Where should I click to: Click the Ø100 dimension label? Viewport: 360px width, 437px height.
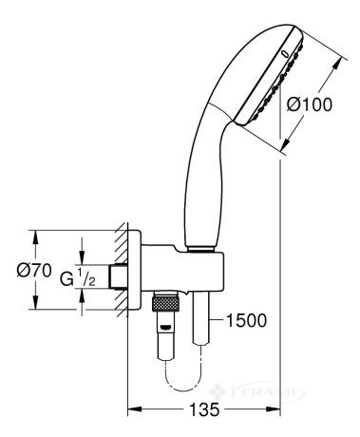(310, 104)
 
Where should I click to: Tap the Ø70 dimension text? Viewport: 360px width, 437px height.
(34, 271)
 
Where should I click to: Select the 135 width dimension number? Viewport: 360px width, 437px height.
(204, 409)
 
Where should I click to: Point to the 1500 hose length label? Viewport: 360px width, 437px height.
(247, 320)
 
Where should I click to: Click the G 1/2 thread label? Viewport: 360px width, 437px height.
(78, 277)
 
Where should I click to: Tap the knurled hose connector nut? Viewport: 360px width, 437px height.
(165, 304)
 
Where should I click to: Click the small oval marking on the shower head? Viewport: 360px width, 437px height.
(285, 53)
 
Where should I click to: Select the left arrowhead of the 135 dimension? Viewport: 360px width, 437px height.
(133, 409)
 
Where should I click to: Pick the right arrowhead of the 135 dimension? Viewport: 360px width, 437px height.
(275, 409)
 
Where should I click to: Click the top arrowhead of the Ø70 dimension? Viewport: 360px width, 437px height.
(36, 237)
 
